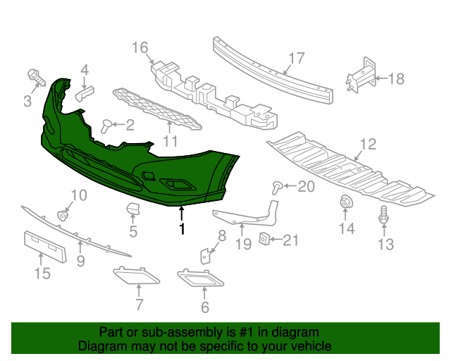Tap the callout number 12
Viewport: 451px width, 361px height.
click(368, 145)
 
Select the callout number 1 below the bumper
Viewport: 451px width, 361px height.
click(182, 229)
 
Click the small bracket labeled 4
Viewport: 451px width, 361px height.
click(85, 94)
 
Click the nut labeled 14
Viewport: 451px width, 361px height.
click(347, 203)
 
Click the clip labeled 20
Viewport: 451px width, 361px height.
click(277, 187)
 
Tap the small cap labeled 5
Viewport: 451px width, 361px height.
click(132, 209)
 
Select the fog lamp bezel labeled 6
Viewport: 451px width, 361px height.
click(200, 279)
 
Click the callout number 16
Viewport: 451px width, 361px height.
click(140, 48)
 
